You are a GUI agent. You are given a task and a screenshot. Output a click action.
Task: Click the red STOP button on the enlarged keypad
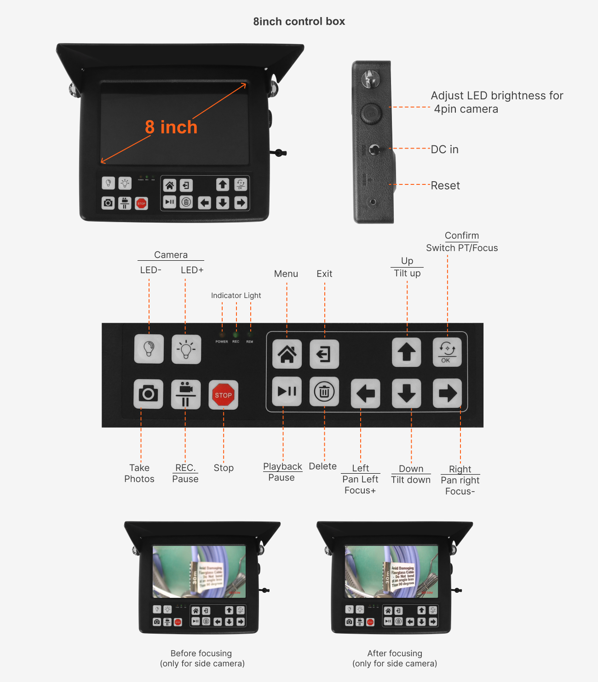pyautogui.click(x=223, y=395)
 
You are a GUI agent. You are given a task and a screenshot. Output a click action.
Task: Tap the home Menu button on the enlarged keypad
pyautogui.click(x=287, y=354)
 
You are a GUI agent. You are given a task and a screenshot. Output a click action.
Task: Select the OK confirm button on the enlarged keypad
pyautogui.click(x=447, y=352)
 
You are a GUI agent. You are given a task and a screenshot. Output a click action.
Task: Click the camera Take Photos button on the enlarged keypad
pyautogui.click(x=148, y=394)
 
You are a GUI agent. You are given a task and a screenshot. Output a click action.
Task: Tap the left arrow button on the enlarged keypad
pyautogui.click(x=365, y=394)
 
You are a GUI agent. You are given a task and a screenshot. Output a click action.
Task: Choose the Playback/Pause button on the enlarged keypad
pyautogui.click(x=287, y=391)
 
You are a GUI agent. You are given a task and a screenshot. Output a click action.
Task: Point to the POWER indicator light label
pyautogui.click(x=222, y=342)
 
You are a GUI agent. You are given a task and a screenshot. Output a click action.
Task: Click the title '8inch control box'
pyautogui.click(x=299, y=22)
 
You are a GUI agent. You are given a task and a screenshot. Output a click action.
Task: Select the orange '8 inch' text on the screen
pyautogui.click(x=171, y=127)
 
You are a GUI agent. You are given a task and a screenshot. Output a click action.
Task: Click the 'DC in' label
pyautogui.click(x=444, y=149)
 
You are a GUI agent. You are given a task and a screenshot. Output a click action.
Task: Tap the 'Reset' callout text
pyautogui.click(x=445, y=185)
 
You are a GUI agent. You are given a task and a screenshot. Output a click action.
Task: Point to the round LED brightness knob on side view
pyautogui.click(x=370, y=113)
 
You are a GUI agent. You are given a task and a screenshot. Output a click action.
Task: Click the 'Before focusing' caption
pyautogui.click(x=201, y=653)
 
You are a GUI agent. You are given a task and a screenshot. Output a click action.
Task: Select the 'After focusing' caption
pyautogui.click(x=395, y=653)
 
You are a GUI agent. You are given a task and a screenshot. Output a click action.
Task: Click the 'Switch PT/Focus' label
pyautogui.click(x=462, y=248)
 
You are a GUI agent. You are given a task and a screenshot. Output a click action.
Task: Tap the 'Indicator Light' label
pyautogui.click(x=236, y=295)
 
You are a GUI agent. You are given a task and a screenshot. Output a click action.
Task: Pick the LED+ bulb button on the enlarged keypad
pyautogui.click(x=186, y=350)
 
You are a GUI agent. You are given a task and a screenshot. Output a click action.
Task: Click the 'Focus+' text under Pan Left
pyautogui.click(x=360, y=491)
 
